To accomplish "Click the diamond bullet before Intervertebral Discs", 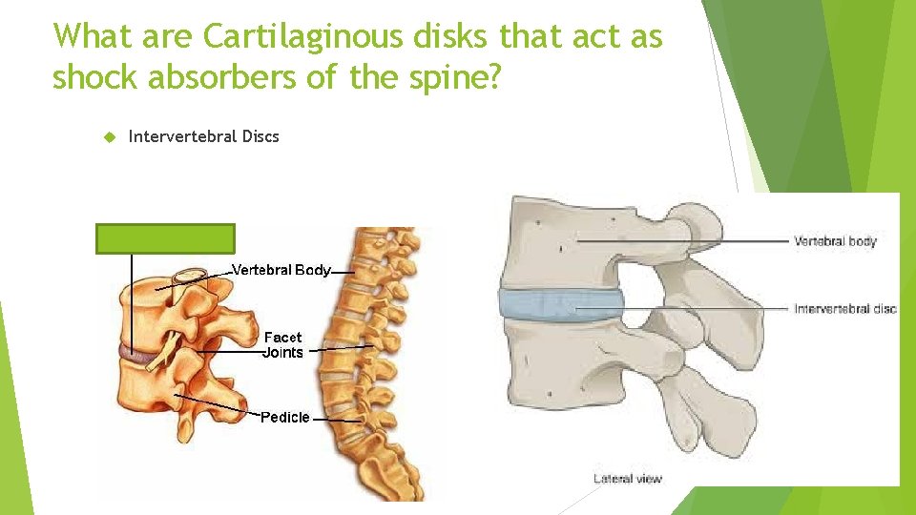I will pyautogui.click(x=107, y=136).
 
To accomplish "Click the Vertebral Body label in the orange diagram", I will pyautogui.click(x=281, y=270).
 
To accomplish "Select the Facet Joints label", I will pyautogui.click(x=283, y=345).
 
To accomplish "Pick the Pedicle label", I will pyautogui.click(x=285, y=417).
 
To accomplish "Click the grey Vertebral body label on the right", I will pyautogui.click(x=834, y=242).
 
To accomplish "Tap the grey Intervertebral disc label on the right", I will pyautogui.click(x=844, y=309).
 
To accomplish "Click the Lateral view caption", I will pyautogui.click(x=627, y=478).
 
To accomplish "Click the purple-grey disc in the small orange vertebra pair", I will pyautogui.click(x=140, y=356).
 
